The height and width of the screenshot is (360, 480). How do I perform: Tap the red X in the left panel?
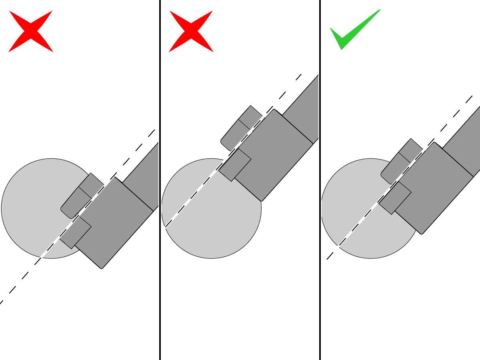click(31, 31)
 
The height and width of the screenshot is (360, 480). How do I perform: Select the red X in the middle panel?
click(191, 31)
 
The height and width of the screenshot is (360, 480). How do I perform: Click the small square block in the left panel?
click(76, 232)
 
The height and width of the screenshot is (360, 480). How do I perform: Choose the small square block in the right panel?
click(395, 198)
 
